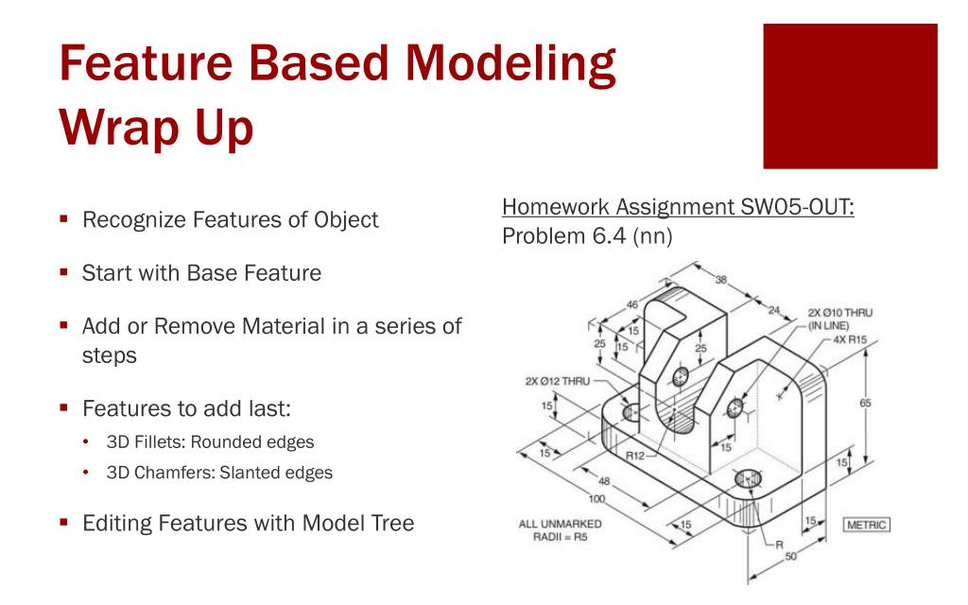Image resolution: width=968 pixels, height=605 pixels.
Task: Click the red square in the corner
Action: click(x=850, y=95)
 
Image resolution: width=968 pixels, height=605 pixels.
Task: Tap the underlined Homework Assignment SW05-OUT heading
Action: click(x=678, y=207)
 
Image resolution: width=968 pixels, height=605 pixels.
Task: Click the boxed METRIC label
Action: click(x=866, y=524)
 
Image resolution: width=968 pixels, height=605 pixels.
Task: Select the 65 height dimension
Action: click(x=864, y=403)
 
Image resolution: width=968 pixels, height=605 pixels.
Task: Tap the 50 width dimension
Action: click(x=790, y=556)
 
